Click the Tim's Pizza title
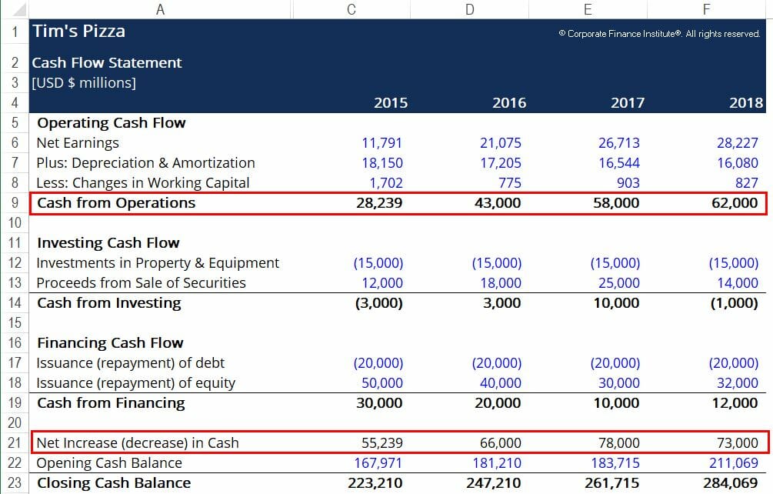pyautogui.click(x=78, y=32)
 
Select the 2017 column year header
pyautogui.click(x=628, y=102)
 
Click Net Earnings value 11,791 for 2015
pyautogui.click(x=382, y=143)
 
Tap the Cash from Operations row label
pyautogui.click(x=116, y=203)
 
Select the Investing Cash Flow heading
pyautogui.click(x=108, y=243)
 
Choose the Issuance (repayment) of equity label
pyautogui.click(x=136, y=383)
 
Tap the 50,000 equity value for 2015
pyautogui.click(x=382, y=383)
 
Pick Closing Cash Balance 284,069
pyautogui.click(x=730, y=483)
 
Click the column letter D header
pyautogui.click(x=470, y=9)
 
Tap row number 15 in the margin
pyautogui.click(x=15, y=323)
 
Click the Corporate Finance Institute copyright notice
pyautogui.click(x=660, y=34)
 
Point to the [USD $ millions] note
pyautogui.click(x=84, y=83)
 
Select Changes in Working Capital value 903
pyautogui.click(x=628, y=183)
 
